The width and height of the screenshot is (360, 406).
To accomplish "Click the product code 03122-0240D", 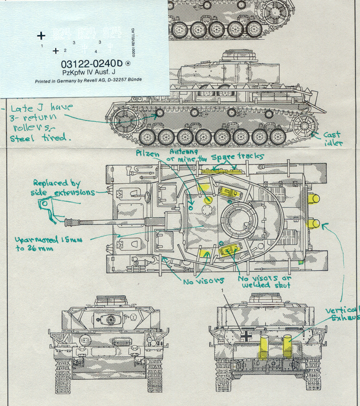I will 92,64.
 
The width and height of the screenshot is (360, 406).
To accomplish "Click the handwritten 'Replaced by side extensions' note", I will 64,188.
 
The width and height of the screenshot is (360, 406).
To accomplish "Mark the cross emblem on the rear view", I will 246,336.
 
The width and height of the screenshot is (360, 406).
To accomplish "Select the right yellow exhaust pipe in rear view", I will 287,346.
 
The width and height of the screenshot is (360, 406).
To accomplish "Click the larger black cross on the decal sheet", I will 41,36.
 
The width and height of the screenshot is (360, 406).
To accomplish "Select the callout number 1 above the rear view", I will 222,290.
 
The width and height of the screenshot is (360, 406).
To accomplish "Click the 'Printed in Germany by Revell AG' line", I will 88,80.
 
